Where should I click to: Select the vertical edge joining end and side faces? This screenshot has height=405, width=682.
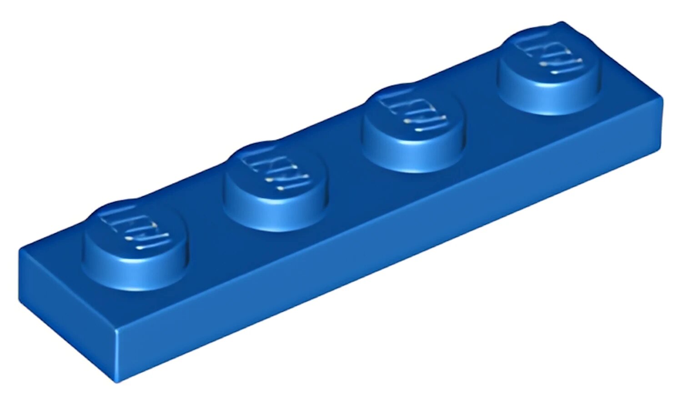coord(116,355)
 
